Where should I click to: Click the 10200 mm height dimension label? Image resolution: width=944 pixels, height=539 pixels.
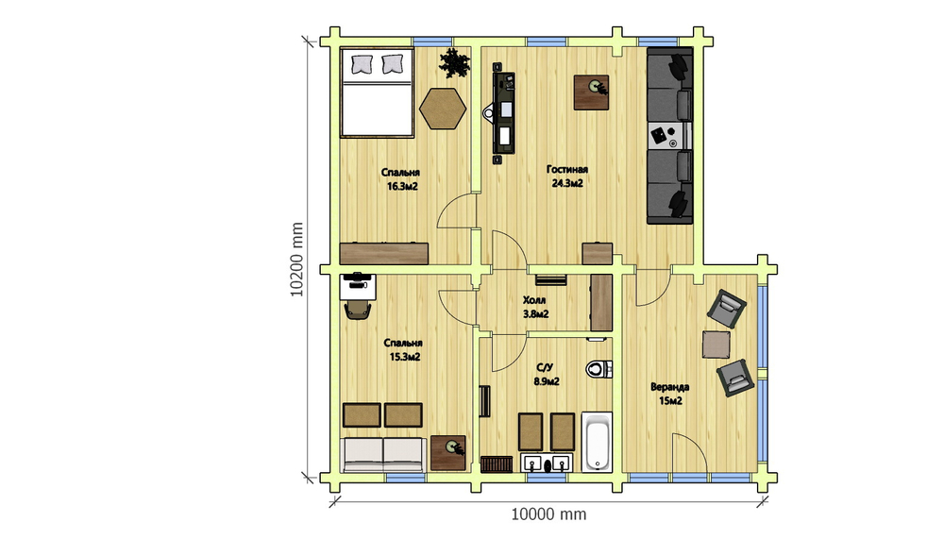296,260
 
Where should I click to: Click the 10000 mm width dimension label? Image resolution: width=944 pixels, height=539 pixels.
548,514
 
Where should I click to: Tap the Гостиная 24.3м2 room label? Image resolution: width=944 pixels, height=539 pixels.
567,177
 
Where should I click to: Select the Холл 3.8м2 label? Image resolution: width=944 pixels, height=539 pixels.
535,307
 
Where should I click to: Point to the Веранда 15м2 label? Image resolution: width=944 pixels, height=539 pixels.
670,394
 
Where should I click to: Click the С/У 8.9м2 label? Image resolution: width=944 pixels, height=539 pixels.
546,374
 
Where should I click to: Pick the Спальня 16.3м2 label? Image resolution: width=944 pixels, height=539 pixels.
401,179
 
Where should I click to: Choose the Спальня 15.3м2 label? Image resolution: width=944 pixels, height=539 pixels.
404,350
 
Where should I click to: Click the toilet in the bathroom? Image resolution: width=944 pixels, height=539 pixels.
598,368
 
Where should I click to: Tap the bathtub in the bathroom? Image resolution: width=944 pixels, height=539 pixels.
597,442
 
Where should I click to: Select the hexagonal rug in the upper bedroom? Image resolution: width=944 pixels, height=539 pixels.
443,109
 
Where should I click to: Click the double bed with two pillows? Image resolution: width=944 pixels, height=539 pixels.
377,93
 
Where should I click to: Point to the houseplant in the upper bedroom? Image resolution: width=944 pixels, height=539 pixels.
455,63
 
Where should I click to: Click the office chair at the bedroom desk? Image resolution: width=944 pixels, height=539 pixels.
357,310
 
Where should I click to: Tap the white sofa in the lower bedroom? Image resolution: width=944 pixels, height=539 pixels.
383,455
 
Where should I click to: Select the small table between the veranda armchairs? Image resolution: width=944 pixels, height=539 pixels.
716,345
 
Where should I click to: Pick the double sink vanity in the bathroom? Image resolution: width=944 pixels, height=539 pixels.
546,463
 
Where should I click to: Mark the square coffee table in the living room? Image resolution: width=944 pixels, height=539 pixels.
591,93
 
